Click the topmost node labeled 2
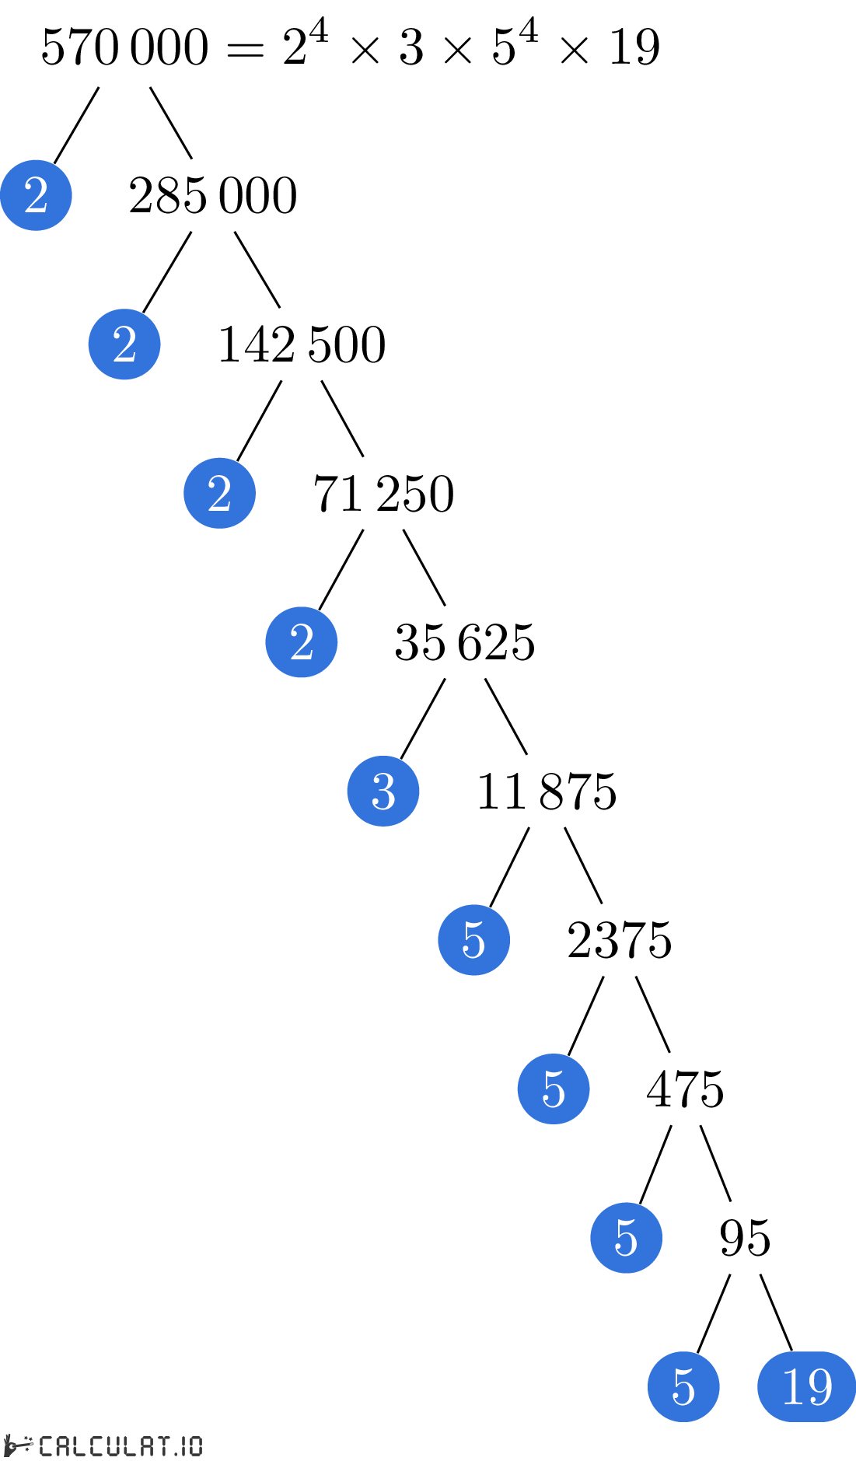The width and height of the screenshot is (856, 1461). (36, 195)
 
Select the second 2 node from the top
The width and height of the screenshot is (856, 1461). (124, 344)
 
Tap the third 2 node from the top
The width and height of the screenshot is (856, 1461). (219, 493)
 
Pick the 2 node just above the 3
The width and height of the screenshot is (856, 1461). (302, 642)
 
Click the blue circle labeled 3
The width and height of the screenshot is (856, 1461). (383, 791)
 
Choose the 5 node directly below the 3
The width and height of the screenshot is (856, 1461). (473, 940)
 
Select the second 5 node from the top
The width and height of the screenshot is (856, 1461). (554, 1089)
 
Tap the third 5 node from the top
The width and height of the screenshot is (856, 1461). (626, 1238)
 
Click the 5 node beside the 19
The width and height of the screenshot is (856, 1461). (683, 1386)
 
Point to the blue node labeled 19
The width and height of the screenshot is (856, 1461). (806, 1386)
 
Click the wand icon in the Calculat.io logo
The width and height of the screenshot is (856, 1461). (19, 1445)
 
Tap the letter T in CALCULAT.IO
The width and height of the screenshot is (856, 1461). (162, 1446)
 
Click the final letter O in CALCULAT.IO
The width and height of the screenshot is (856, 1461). (195, 1446)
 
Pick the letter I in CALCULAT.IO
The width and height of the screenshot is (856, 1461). (184, 1446)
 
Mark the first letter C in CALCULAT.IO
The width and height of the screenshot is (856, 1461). (46, 1446)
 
